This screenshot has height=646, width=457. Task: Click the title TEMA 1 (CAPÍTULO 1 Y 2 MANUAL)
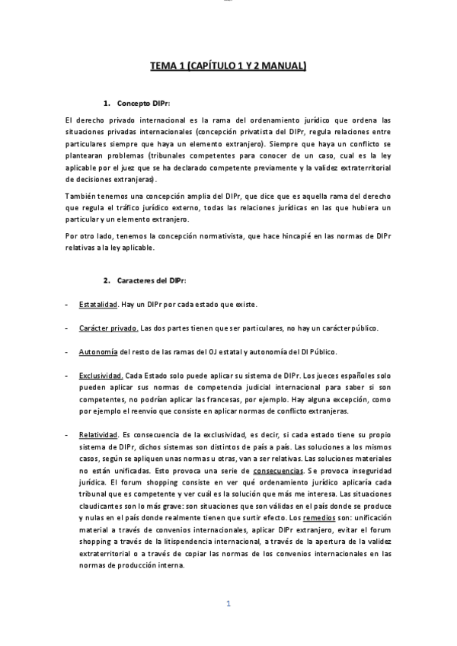[228, 66]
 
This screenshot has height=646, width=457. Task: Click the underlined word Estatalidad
[97, 305]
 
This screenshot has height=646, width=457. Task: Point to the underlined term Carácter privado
[108, 328]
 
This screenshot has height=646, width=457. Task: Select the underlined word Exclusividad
[101, 376]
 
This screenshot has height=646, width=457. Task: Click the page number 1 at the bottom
[228, 603]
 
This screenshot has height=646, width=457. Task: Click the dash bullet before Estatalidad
[68, 305]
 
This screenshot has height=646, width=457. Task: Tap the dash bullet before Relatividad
[68, 434]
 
